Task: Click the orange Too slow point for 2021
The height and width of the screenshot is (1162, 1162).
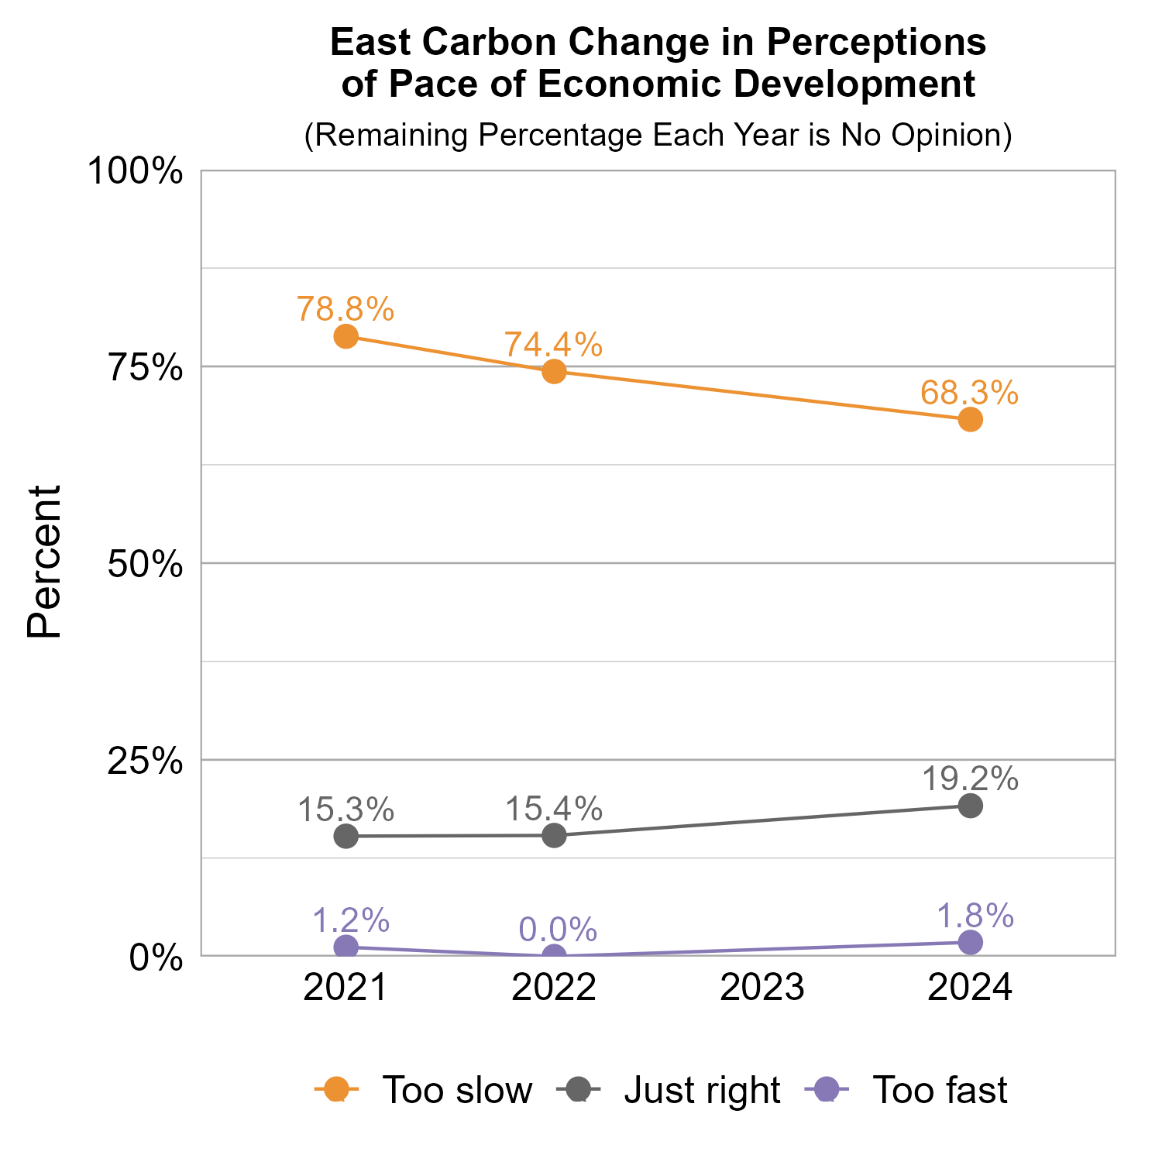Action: point(346,336)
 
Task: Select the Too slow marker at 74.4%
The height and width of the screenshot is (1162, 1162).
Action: point(554,371)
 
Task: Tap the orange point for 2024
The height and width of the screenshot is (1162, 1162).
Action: point(970,420)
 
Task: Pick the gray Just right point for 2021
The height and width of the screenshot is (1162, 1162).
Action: point(346,836)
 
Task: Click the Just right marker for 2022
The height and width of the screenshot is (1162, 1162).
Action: point(554,835)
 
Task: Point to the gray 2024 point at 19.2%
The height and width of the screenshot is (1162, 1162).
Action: point(970,806)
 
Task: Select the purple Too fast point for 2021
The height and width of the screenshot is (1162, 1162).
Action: point(346,947)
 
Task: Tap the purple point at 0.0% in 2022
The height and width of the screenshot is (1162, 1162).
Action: point(554,956)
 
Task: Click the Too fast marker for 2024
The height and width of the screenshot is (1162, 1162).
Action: point(970,942)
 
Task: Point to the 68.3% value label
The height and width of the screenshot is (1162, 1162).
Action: point(969,393)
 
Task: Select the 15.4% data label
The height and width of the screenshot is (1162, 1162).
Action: point(554,810)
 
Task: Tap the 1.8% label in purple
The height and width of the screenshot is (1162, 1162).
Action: point(975,916)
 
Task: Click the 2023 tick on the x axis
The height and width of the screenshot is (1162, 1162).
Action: point(762,988)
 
